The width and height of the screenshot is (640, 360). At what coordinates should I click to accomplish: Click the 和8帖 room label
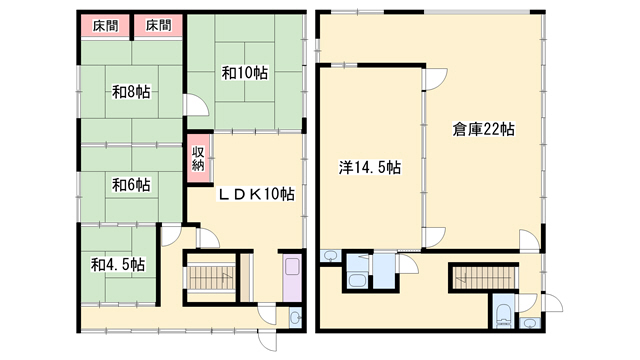tap(131, 92)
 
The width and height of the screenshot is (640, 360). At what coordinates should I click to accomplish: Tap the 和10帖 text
tap(245, 73)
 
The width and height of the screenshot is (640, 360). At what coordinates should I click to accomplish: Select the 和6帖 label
tap(131, 185)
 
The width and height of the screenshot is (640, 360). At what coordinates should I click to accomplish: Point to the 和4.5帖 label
tap(118, 265)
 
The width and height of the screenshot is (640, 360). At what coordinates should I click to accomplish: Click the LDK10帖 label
tap(256, 194)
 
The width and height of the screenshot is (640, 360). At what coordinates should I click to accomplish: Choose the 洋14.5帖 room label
tap(370, 168)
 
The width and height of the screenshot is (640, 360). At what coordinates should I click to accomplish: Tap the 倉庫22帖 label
tap(483, 129)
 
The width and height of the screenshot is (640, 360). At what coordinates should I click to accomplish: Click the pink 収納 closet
tap(198, 159)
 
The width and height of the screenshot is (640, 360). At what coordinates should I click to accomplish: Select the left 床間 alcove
tap(105, 26)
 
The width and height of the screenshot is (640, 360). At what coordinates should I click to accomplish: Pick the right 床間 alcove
tap(158, 26)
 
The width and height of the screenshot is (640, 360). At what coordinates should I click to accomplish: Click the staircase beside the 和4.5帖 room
tap(211, 278)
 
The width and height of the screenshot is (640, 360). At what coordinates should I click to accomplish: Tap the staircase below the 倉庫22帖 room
tap(484, 278)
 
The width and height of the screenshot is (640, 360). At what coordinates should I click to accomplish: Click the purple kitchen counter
tap(292, 278)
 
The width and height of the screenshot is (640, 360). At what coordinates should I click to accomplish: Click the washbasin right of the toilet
tap(530, 322)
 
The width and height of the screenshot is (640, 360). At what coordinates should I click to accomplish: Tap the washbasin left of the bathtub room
tap(330, 256)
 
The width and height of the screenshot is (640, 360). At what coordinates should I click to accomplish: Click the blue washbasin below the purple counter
tap(295, 317)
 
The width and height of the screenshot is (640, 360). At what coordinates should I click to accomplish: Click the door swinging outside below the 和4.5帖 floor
tap(268, 340)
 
